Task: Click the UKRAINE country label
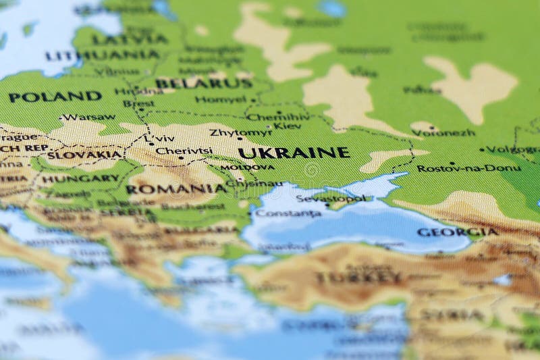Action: [294, 153]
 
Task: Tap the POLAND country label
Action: [55, 97]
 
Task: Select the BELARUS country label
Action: [203, 84]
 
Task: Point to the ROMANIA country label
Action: [176, 189]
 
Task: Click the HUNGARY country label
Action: [80, 179]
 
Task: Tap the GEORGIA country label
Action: [457, 232]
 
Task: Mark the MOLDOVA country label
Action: [248, 168]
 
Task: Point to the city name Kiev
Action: [287, 126]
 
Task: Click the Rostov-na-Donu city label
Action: [468, 168]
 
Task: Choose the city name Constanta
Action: [288, 213]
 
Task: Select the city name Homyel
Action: [221, 99]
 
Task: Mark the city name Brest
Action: [138, 104]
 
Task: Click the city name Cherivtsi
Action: [184, 151]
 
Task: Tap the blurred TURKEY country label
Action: [358, 277]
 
